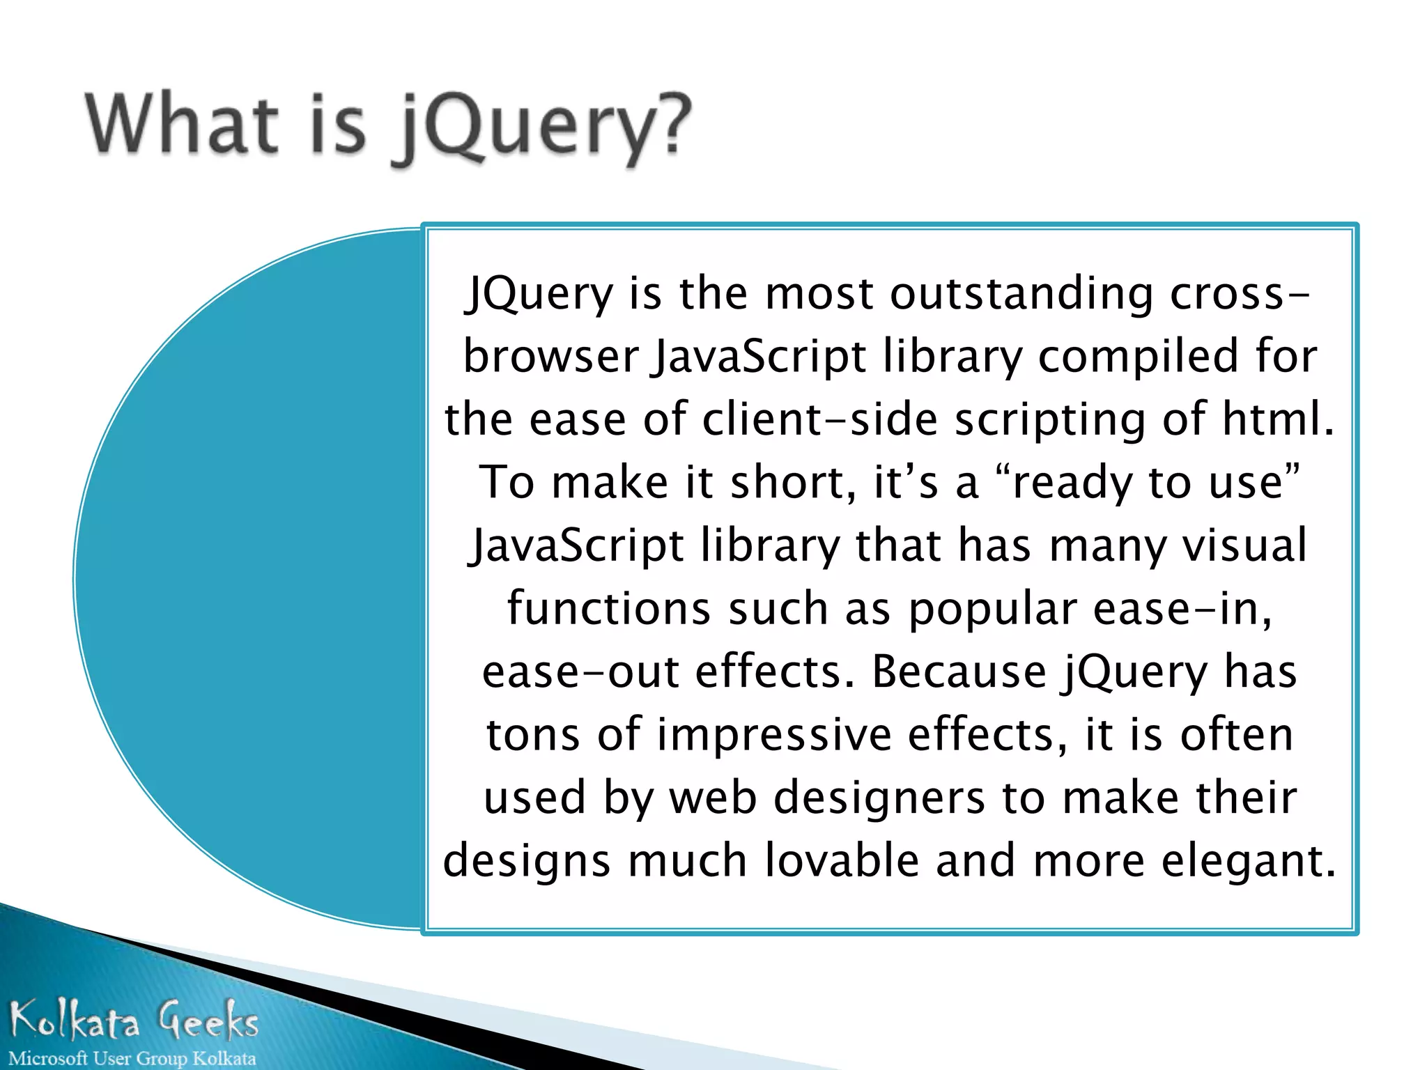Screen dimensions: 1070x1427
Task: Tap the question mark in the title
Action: (672, 124)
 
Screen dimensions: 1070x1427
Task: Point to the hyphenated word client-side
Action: (819, 420)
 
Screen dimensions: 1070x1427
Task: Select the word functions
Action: (608, 608)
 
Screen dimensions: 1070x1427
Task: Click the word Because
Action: (959, 672)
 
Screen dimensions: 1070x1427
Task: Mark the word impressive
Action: (773, 736)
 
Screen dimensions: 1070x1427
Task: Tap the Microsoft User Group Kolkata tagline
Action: (132, 1058)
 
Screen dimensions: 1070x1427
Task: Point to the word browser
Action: (551, 357)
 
